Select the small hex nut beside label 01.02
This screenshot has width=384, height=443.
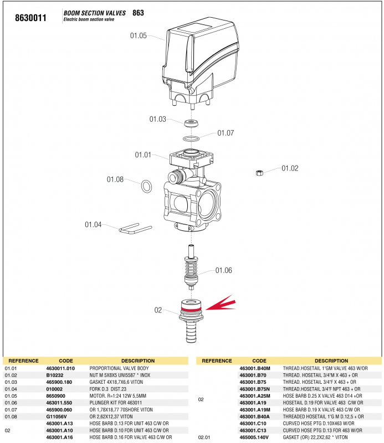pyautogui.click(x=258, y=173)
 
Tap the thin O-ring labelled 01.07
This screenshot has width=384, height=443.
pyautogui.click(x=192, y=137)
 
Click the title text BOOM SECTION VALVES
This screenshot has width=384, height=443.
pyautogui.click(x=95, y=13)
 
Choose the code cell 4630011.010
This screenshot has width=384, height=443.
pyautogui.click(x=60, y=368)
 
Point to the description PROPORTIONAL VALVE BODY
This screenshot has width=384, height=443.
pyautogui.click(x=119, y=368)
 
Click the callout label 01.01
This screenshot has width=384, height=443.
pyautogui.click(x=143, y=155)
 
